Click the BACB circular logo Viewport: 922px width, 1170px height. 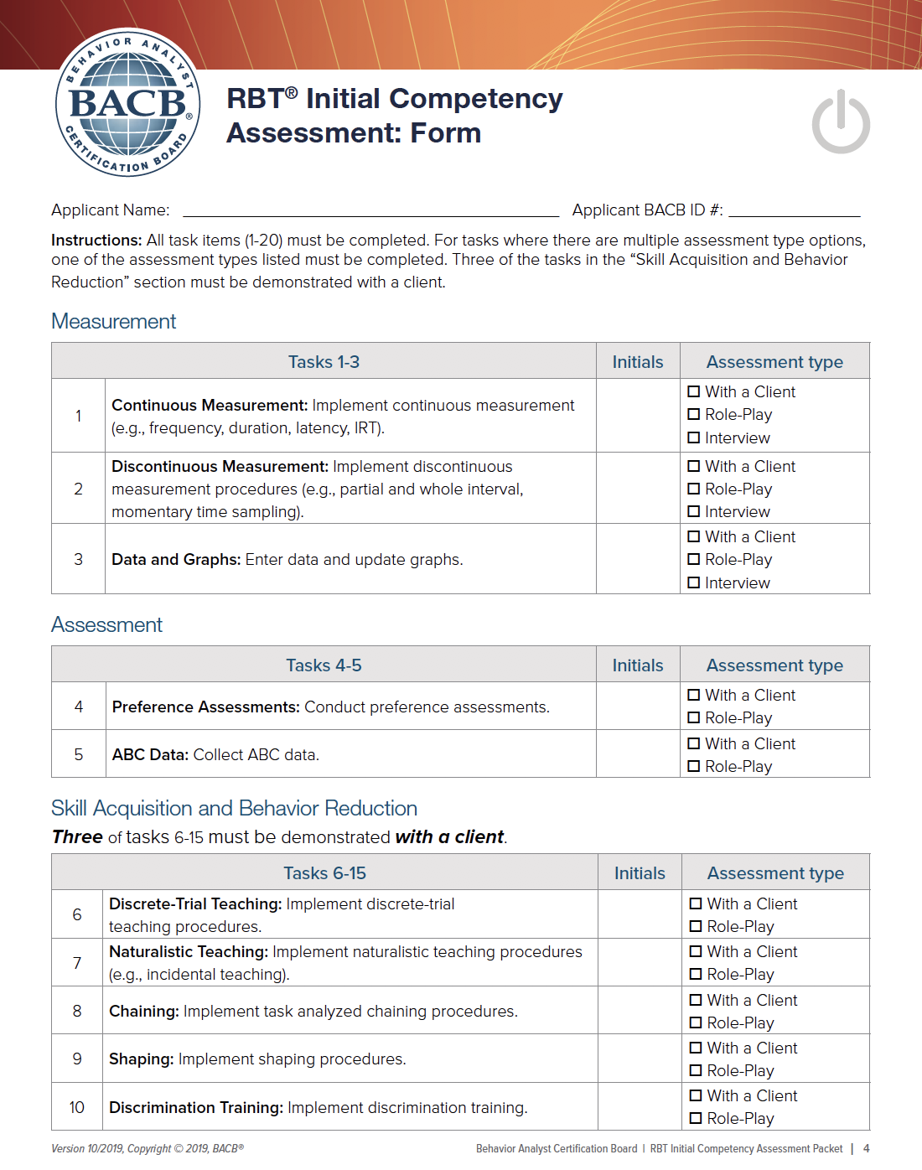128,103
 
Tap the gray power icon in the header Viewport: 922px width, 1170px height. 841,122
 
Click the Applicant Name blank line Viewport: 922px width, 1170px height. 370,210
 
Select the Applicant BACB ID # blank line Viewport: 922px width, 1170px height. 794,210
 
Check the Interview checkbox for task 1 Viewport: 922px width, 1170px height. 694,437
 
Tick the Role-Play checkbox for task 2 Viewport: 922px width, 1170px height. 694,489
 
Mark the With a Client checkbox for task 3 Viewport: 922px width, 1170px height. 694,536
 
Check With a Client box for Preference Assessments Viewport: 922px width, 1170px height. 694,695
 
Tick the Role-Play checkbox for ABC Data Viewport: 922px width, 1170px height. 694,766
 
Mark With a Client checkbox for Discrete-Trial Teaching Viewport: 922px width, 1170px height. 696,903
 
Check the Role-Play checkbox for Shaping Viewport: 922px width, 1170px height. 696,1070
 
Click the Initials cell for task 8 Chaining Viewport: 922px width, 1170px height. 640,1011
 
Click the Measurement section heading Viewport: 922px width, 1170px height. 114,321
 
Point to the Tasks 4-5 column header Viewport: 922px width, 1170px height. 324,665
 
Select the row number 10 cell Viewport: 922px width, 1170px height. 77,1107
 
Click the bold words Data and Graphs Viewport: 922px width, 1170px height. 176,560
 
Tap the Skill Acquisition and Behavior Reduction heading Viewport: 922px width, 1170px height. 234,808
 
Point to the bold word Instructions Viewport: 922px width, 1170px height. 96,241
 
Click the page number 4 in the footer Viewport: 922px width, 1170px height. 867,1148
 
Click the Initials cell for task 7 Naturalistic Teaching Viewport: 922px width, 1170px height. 640,962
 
